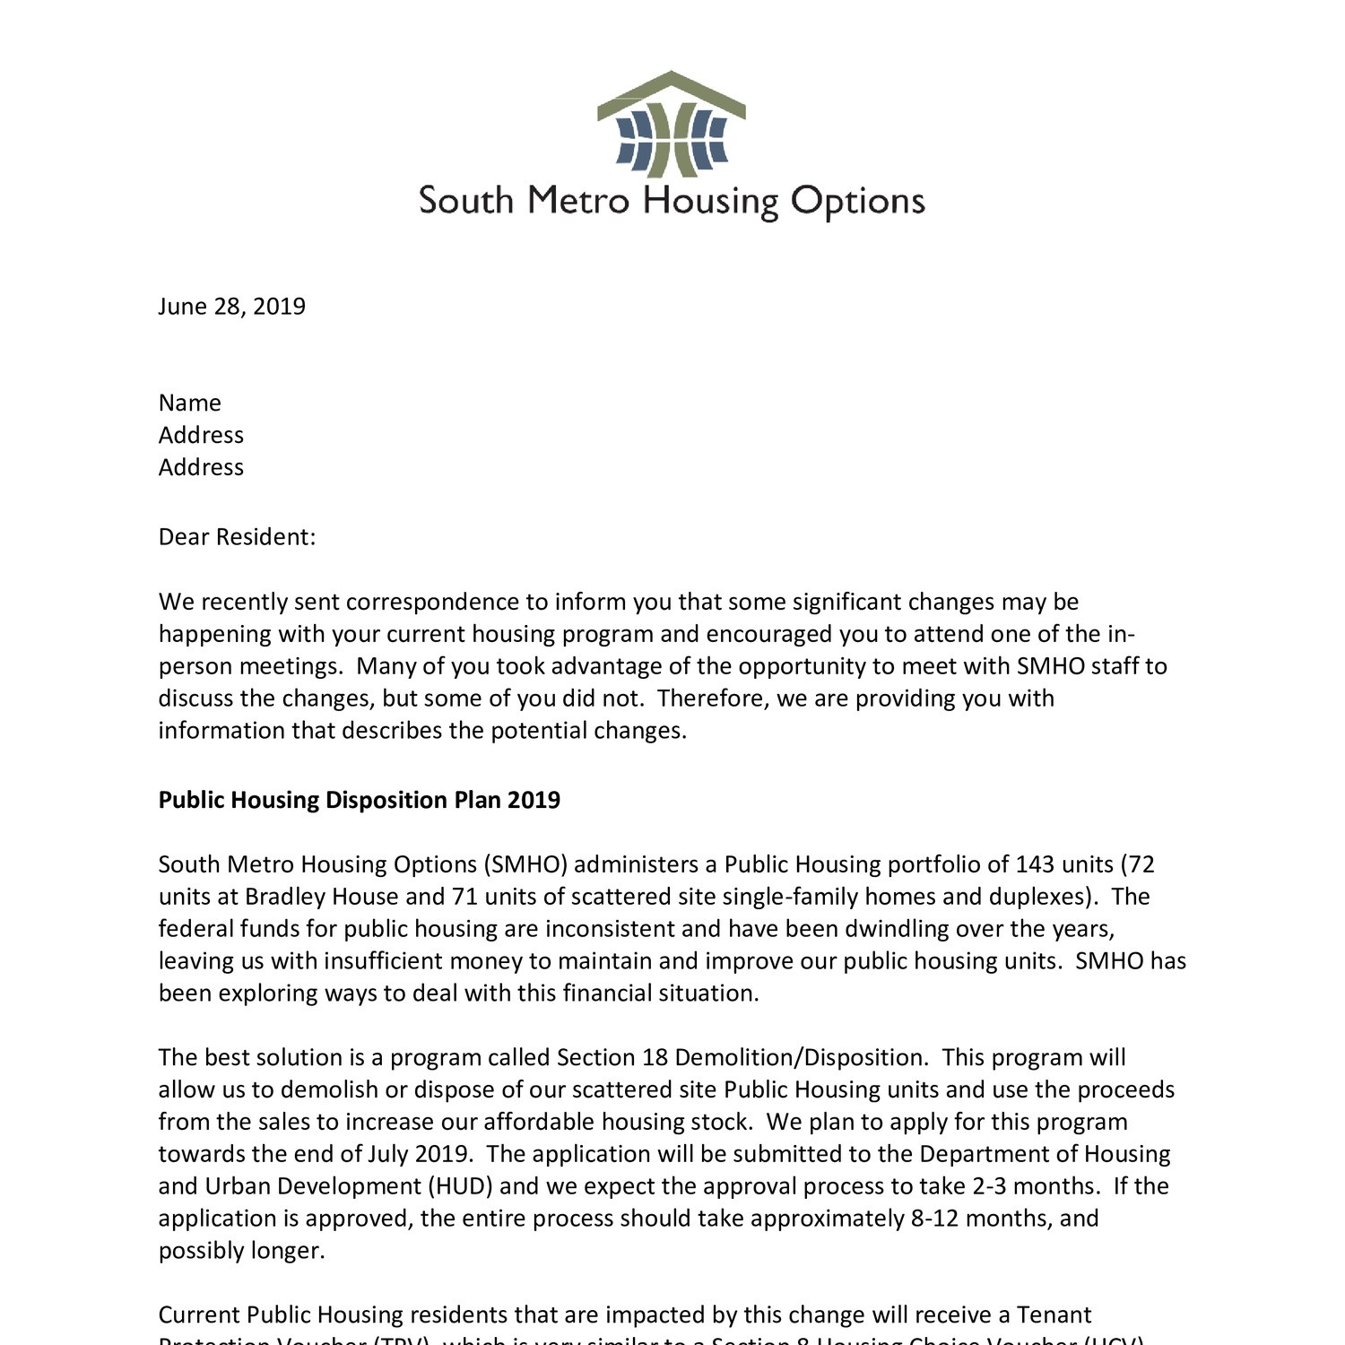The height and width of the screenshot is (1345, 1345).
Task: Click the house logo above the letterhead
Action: pos(671,125)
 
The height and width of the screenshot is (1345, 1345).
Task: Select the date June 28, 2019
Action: pos(231,307)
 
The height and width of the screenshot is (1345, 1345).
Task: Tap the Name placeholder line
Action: pos(189,403)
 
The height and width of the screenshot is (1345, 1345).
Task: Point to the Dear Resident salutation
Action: pos(237,537)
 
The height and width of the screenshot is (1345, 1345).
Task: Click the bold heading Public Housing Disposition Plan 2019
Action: pos(359,800)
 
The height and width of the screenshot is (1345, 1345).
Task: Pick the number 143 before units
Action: pos(1036,864)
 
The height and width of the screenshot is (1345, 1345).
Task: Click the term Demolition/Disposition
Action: pos(800,1057)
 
